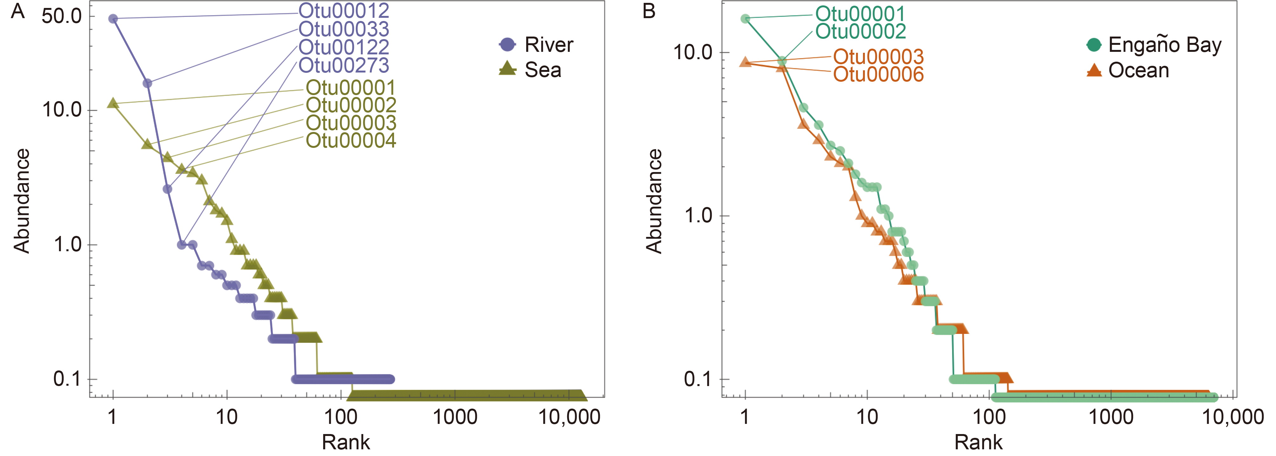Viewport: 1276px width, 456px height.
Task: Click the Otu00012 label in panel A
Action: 344,11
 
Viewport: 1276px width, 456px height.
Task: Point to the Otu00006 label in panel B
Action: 878,75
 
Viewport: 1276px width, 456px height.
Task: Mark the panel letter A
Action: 18,11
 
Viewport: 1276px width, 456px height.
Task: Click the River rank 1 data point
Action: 113,19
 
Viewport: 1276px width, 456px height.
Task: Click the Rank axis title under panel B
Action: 978,442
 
